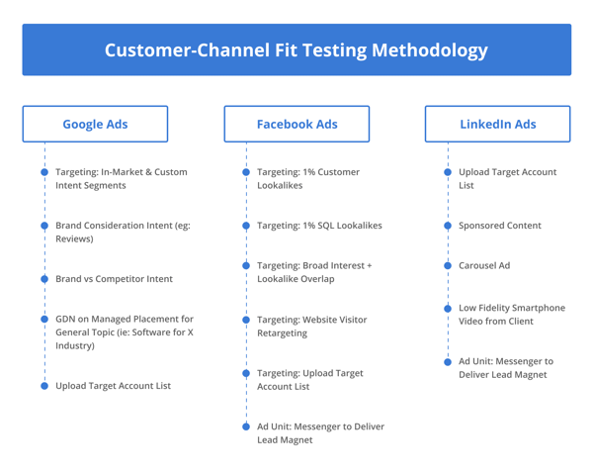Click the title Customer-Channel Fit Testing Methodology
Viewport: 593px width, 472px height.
pyautogui.click(x=296, y=49)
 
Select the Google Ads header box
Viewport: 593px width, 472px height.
pyautogui.click(x=95, y=125)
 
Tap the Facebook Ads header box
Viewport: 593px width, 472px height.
pyautogui.click(x=296, y=125)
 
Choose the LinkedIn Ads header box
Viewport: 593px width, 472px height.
pyautogui.click(x=498, y=125)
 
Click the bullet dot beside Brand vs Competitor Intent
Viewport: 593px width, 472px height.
pyautogui.click(x=44, y=279)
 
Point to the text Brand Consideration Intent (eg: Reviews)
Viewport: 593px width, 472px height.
pyautogui.click(x=123, y=232)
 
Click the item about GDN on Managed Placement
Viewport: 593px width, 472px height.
pyautogui.click(x=124, y=332)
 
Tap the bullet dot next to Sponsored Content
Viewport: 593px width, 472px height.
pyautogui.click(x=448, y=226)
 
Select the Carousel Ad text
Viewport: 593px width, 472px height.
pyautogui.click(x=484, y=266)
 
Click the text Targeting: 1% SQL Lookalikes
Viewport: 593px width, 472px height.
pyautogui.click(x=319, y=226)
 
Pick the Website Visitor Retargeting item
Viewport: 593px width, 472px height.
pyautogui.click(x=311, y=327)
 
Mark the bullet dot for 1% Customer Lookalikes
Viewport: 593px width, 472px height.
pyautogui.click(x=246, y=172)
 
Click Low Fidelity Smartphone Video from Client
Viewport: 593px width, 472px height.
pyautogui.click(x=512, y=315)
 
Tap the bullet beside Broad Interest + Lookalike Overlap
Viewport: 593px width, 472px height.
pyautogui.click(x=246, y=266)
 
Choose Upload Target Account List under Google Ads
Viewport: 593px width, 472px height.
pyautogui.click(x=113, y=386)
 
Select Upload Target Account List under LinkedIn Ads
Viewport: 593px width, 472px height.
pyautogui.click(x=507, y=178)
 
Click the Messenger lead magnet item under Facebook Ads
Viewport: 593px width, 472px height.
pyautogui.click(x=320, y=433)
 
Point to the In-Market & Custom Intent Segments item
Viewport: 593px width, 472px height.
pyautogui.click(x=121, y=178)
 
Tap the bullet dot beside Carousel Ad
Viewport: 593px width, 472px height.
pyautogui.click(x=448, y=266)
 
